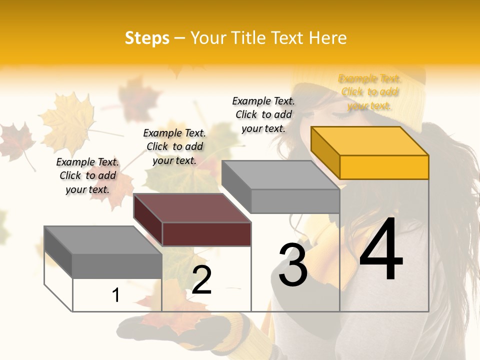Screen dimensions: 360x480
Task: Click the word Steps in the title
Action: tap(147, 38)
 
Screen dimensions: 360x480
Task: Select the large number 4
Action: tap(381, 250)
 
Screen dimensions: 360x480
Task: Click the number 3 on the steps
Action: tap(293, 265)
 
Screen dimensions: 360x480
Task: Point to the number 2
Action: tap(201, 280)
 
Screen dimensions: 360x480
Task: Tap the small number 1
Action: tap(116, 295)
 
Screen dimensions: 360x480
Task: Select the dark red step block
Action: tap(206, 233)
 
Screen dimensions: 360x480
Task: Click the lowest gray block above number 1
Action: tap(117, 265)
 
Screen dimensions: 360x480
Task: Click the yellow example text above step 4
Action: tap(369, 92)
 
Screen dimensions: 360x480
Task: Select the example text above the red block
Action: tap(174, 146)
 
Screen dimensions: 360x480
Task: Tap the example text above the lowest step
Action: tap(87, 175)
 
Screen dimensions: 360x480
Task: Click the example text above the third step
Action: tap(263, 114)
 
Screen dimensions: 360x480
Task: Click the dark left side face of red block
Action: tap(148, 220)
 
